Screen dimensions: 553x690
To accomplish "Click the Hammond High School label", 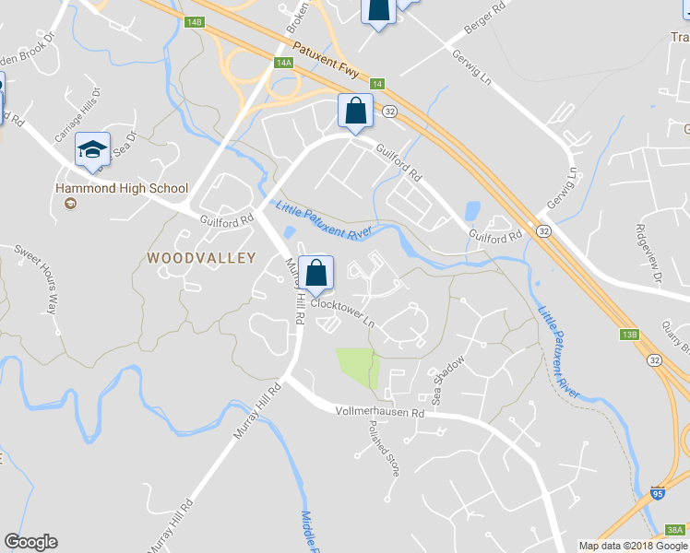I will [122, 189].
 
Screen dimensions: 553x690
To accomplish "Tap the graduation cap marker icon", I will [92, 148].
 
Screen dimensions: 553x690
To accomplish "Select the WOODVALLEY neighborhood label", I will [201, 259].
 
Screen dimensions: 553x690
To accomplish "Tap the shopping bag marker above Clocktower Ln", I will [315, 273].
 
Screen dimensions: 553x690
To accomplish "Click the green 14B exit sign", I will [193, 21].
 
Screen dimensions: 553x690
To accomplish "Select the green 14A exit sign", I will [283, 63].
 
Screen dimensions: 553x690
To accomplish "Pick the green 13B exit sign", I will [630, 334].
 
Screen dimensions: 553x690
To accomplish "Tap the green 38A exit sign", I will [675, 530].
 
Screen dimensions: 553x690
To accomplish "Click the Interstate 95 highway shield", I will [657, 495].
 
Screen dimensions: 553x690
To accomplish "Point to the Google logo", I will [30, 542].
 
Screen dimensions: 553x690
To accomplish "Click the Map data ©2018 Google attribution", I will [633, 546].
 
